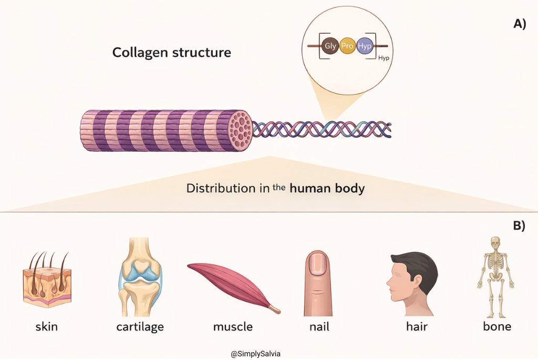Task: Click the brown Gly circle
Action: coord(330,46)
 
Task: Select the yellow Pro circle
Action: coord(347,46)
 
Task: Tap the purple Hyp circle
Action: coord(364,46)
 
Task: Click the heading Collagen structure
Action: coord(171,53)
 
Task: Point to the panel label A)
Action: coord(519,24)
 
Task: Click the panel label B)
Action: coord(519,226)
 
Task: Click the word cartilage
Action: coord(140,327)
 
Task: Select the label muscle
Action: coord(233,327)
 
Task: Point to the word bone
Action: coord(496,327)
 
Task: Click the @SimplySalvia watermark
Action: coord(255,354)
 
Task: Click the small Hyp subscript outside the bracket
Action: coord(384,58)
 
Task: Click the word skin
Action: coord(46,327)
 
